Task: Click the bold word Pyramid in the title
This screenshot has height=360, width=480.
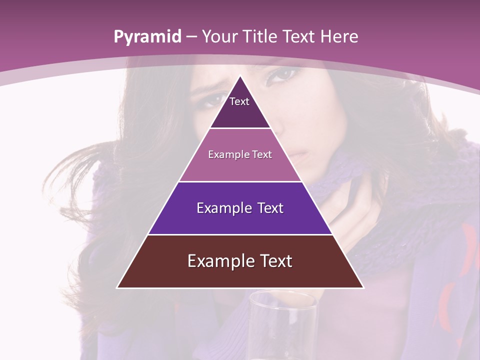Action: point(147,37)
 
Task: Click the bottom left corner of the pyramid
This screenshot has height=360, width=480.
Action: point(118,287)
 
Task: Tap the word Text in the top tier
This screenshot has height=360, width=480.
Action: point(239,101)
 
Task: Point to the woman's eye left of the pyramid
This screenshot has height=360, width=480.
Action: point(210,98)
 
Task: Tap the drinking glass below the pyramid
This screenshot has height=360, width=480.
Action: point(283,325)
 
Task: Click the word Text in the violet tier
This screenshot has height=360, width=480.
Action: point(271,208)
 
